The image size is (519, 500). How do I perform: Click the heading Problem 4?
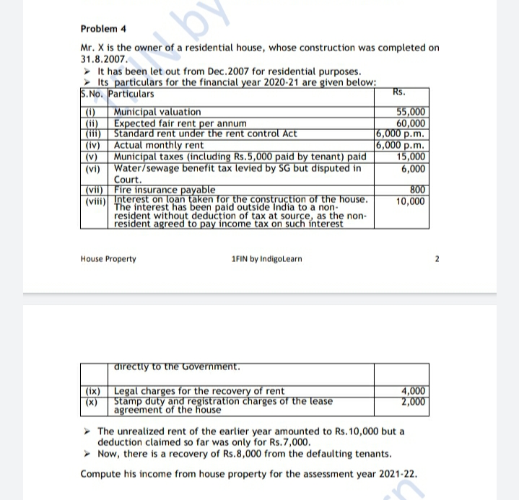coord(103,29)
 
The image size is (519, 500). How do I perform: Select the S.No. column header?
coord(92,94)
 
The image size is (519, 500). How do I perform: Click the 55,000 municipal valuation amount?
coord(411,111)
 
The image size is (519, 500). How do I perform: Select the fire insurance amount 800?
coord(417,190)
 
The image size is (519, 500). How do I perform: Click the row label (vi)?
coord(92,168)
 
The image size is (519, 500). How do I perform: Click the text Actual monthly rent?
coord(159,145)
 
